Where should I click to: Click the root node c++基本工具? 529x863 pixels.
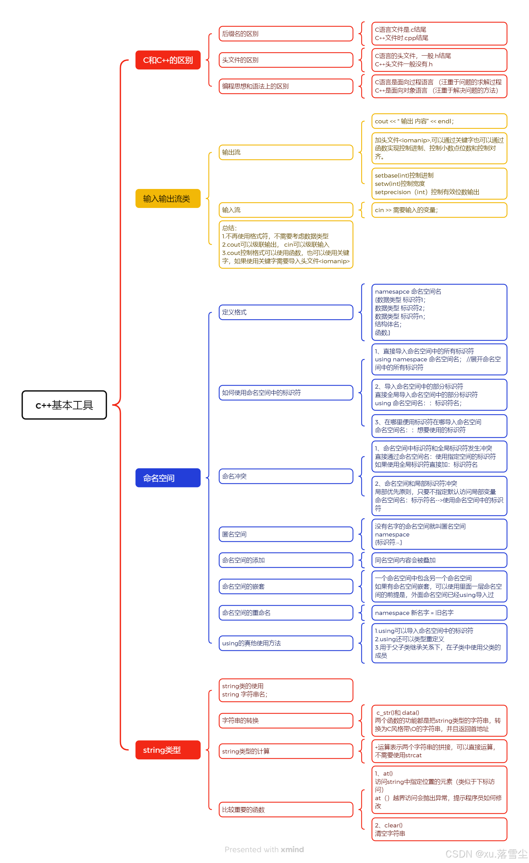[x=64, y=405]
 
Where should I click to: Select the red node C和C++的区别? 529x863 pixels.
[x=168, y=60]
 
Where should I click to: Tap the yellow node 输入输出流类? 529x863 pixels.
[x=168, y=198]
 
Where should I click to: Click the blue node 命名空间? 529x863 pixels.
[x=168, y=478]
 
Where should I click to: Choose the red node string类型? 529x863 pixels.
[x=168, y=750]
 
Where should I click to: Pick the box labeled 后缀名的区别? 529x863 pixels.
[x=286, y=34]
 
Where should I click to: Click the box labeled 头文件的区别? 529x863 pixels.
[x=286, y=60]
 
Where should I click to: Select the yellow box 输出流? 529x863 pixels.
[x=286, y=152]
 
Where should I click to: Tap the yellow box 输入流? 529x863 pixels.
[x=286, y=210]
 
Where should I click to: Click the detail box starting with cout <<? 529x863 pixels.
[x=439, y=121]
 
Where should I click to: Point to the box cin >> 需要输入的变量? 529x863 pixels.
[x=439, y=210]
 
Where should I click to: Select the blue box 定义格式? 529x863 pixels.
[x=286, y=312]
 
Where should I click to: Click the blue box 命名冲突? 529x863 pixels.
[x=286, y=476]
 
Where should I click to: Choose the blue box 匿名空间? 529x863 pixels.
[x=286, y=534]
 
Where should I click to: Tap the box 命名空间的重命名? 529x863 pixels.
[x=286, y=613]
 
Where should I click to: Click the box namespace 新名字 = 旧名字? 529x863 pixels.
[x=439, y=613]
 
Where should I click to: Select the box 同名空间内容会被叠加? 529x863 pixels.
[x=439, y=560]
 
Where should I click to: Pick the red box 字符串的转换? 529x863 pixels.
[x=286, y=720]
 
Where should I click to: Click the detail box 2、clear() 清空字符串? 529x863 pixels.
[x=439, y=829]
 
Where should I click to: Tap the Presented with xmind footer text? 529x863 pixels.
[x=264, y=849]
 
